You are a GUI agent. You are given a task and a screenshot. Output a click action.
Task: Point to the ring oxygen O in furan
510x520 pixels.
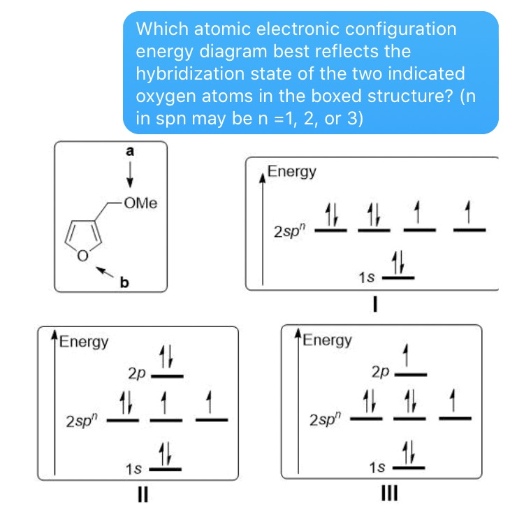click(83, 257)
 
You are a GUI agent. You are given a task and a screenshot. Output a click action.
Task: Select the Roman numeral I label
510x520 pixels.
click(374, 303)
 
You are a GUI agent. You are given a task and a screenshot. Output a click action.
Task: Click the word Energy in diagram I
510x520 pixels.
click(292, 172)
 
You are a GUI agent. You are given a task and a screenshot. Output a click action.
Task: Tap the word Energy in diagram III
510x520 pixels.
click(328, 341)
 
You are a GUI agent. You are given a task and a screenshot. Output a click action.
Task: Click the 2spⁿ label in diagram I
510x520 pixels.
click(289, 229)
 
